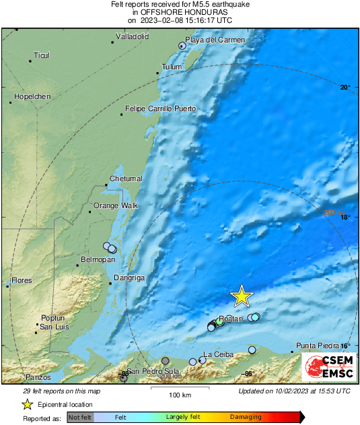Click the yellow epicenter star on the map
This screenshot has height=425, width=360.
point(241,296)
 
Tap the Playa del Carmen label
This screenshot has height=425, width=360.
point(213,40)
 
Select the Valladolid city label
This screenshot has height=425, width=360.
point(132,36)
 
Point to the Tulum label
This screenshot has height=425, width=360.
point(172,67)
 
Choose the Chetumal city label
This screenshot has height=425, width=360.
point(126,178)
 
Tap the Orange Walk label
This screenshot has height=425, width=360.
point(115,205)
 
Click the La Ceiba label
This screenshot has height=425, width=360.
point(217,354)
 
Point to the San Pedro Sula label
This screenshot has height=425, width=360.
point(153,371)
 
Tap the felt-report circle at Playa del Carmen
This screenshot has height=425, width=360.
point(182,46)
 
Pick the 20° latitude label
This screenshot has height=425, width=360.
point(345,87)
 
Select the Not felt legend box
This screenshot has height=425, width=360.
point(80,418)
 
